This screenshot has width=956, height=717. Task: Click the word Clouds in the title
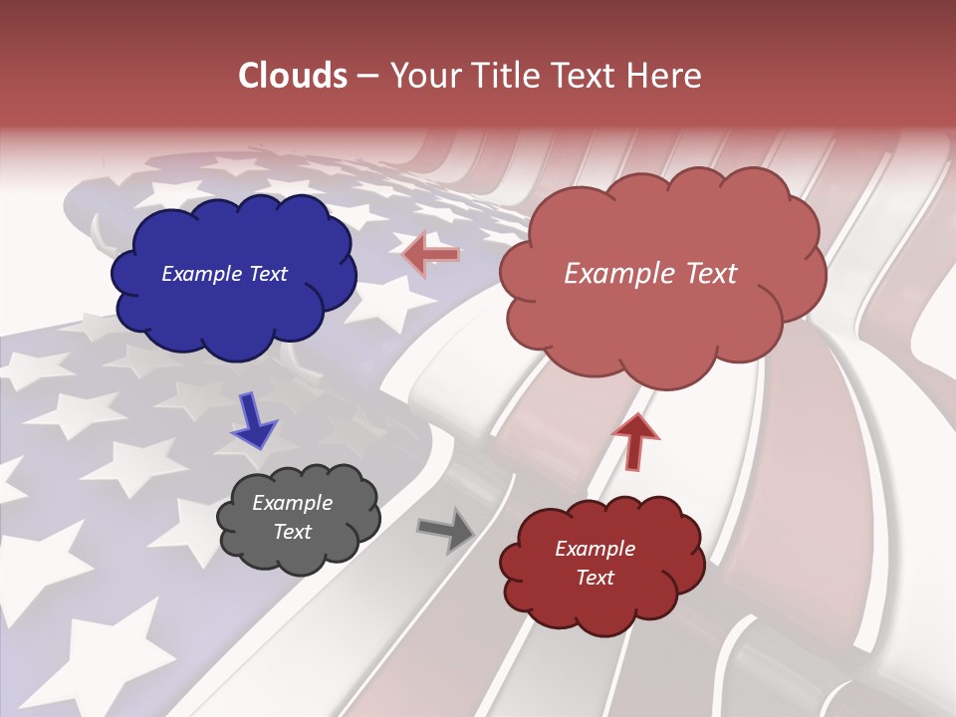coord(293,76)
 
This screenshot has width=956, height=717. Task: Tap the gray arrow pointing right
coord(447,530)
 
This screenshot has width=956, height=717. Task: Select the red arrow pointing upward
coord(635,440)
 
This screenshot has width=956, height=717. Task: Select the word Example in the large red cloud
coord(621,274)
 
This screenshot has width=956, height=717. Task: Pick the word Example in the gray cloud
coord(292,503)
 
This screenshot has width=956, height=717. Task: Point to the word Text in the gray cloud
coord(292,532)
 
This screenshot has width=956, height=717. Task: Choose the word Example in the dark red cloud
coord(595,549)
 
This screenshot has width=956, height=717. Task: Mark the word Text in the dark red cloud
coord(595,578)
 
